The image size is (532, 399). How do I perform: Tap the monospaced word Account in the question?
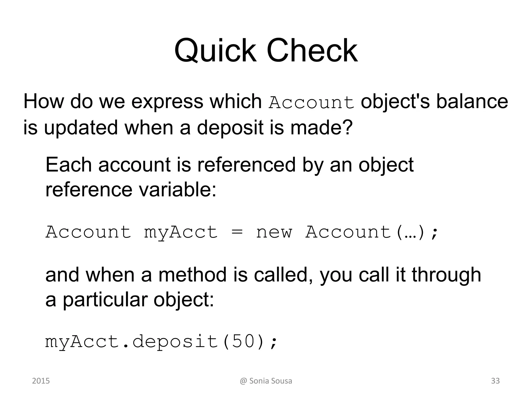(311, 103)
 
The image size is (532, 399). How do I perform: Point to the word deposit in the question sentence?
(230, 128)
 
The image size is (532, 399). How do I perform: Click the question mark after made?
(348, 127)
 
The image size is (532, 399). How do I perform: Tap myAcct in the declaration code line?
(181, 232)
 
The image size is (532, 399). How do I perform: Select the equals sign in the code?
(237, 232)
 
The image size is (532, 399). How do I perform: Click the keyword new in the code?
(274, 232)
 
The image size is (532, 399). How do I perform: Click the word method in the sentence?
(192, 275)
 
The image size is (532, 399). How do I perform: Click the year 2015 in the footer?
(41, 381)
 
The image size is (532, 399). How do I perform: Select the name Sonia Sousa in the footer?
(270, 381)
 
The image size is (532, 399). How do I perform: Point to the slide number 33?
(495, 381)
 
